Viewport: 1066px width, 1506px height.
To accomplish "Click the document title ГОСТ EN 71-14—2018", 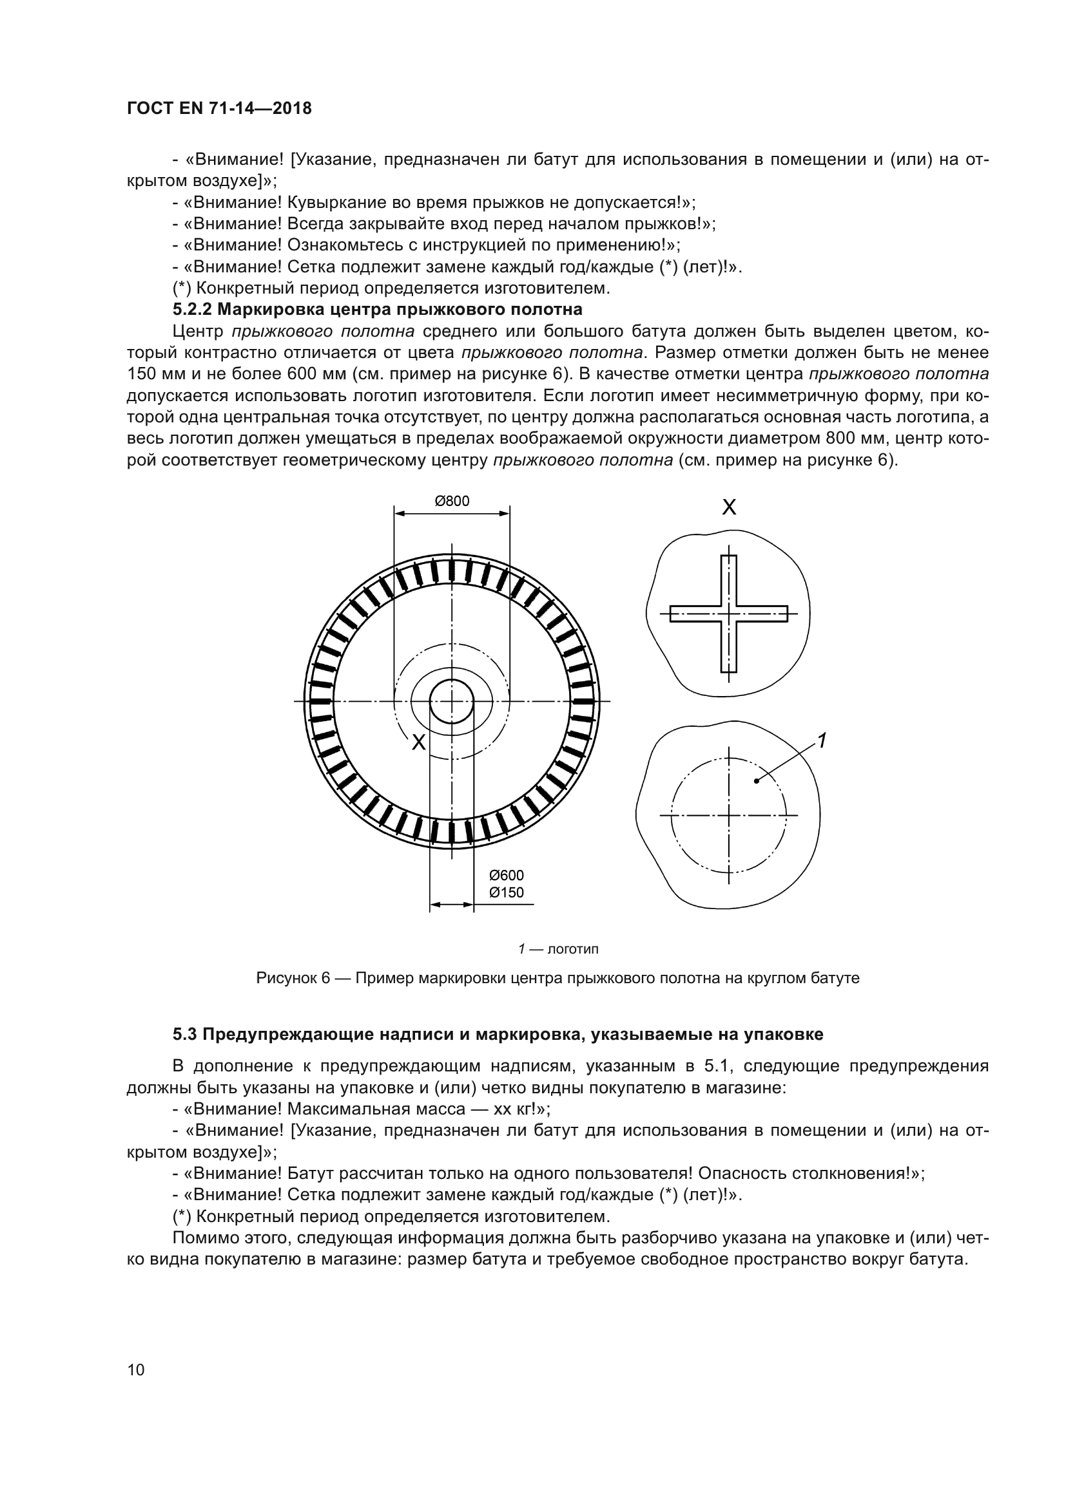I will coord(219,109).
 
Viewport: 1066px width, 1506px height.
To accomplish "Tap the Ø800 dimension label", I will coord(452,501).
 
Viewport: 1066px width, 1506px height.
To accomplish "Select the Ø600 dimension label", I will coord(507,875).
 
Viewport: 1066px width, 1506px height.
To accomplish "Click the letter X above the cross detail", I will coord(729,507).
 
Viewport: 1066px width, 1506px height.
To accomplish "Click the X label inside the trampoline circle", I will coord(418,742).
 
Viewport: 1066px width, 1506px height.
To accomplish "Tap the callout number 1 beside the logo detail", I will coord(821,740).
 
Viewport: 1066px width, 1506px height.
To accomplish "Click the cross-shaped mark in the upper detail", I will coord(729,614).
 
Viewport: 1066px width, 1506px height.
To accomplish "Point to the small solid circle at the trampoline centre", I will coord(452,701).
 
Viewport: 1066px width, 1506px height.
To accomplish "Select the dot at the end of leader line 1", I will coord(757,780).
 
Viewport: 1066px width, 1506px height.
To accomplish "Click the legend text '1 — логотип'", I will coord(558,949).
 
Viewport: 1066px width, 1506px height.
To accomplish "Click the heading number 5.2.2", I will coord(191,309).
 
